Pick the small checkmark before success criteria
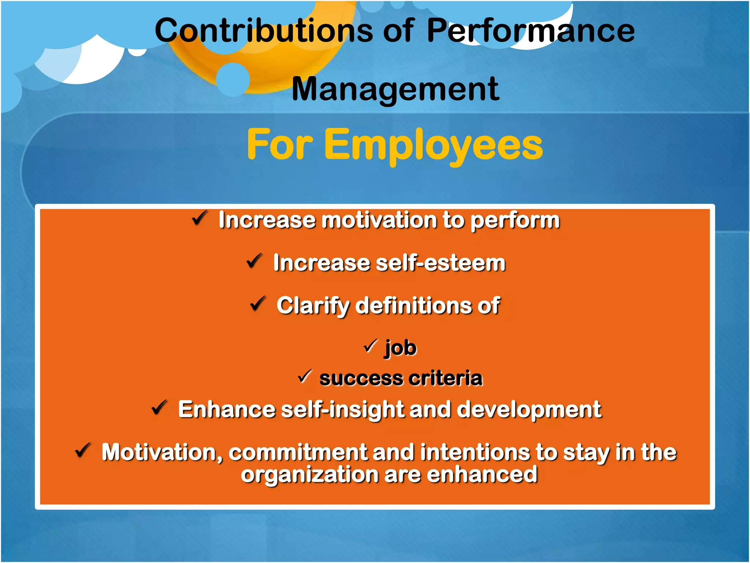coord(305,376)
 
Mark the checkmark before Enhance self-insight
coord(159,408)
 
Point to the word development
coord(529,409)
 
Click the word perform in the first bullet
coord(515,220)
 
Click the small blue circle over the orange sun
coord(233,80)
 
